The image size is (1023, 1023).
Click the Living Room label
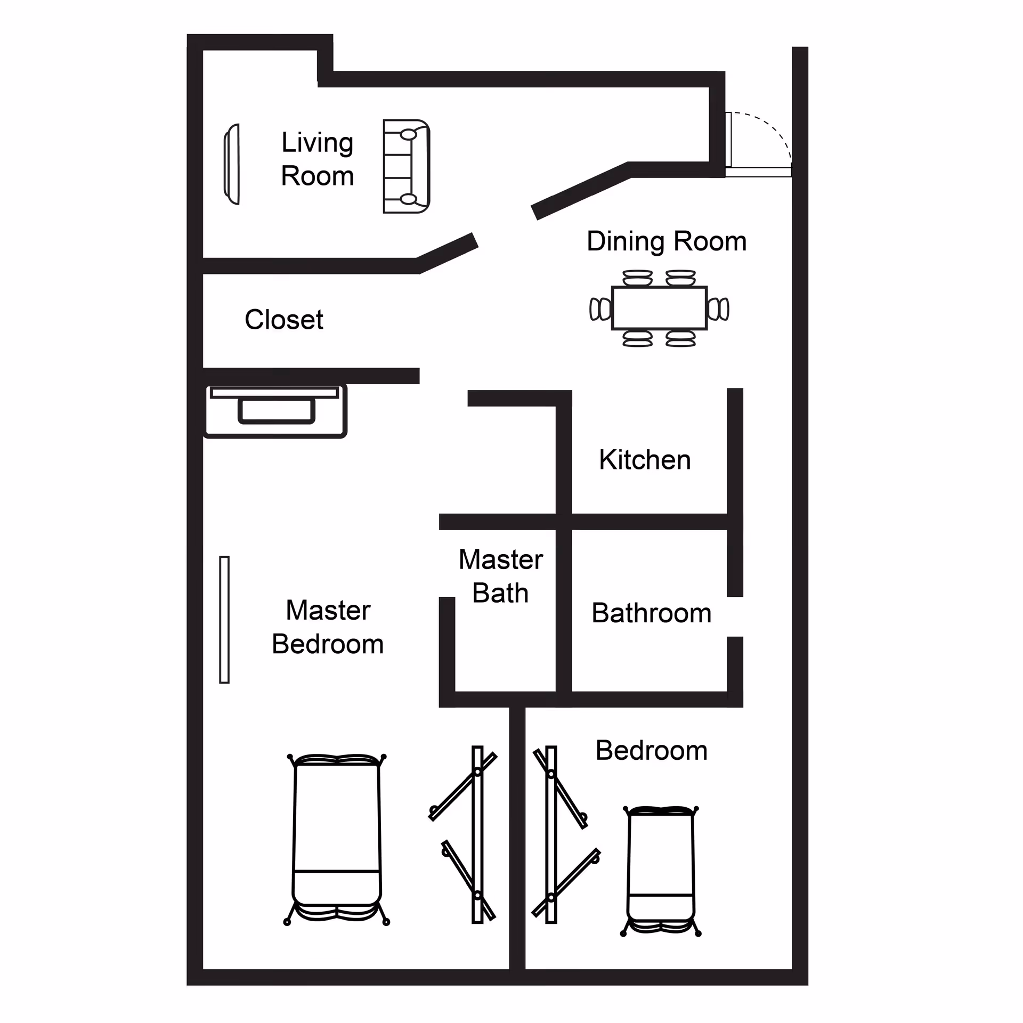point(318,159)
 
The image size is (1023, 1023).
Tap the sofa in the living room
point(407,167)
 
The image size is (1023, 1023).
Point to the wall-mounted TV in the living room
point(232,164)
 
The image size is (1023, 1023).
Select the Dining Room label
point(667,241)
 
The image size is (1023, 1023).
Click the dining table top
point(660,308)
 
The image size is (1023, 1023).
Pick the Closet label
point(284,320)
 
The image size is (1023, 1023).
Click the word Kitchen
point(645,460)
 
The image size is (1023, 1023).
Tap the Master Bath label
point(501,577)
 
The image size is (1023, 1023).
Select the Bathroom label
point(652,613)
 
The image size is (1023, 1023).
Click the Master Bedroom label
point(328,627)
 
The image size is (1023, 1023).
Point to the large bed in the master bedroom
point(337,839)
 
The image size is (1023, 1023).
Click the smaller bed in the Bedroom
point(661,871)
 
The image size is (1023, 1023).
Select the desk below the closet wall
point(275,411)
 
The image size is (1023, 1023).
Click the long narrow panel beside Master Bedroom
point(224,620)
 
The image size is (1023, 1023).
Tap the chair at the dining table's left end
point(600,309)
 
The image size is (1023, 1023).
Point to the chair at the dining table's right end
point(718,309)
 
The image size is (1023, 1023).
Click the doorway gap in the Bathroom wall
point(735,616)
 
